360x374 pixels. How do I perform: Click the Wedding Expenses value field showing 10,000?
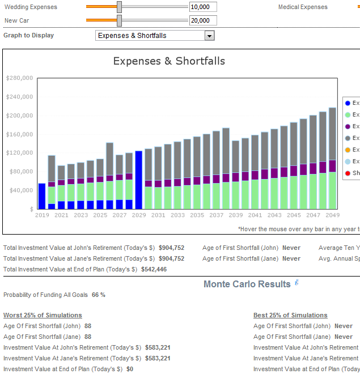coord(202,7)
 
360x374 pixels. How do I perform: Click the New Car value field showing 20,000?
coord(202,20)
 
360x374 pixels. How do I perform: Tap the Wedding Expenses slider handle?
coord(119,7)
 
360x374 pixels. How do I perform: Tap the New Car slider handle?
coord(119,20)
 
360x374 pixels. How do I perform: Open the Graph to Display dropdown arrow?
coord(209,36)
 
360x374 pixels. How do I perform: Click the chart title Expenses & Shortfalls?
coord(169,61)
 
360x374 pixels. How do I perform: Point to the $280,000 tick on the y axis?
coord(19,78)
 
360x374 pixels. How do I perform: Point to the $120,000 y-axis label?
coord(19,153)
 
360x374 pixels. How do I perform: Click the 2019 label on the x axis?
coord(42,215)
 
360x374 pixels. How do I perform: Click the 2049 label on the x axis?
coord(332,215)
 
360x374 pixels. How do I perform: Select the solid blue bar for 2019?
coord(42,195)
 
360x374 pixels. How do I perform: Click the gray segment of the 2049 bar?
coord(332,134)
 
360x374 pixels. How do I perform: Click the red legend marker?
coord(348,173)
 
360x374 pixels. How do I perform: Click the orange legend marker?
coord(348,150)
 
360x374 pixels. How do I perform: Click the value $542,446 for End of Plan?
coord(154,269)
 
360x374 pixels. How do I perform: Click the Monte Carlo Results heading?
coord(247,284)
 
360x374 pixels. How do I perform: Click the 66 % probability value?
coord(99,295)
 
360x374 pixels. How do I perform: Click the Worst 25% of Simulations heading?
coord(43,315)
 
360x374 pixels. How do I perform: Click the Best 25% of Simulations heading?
coord(290,315)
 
